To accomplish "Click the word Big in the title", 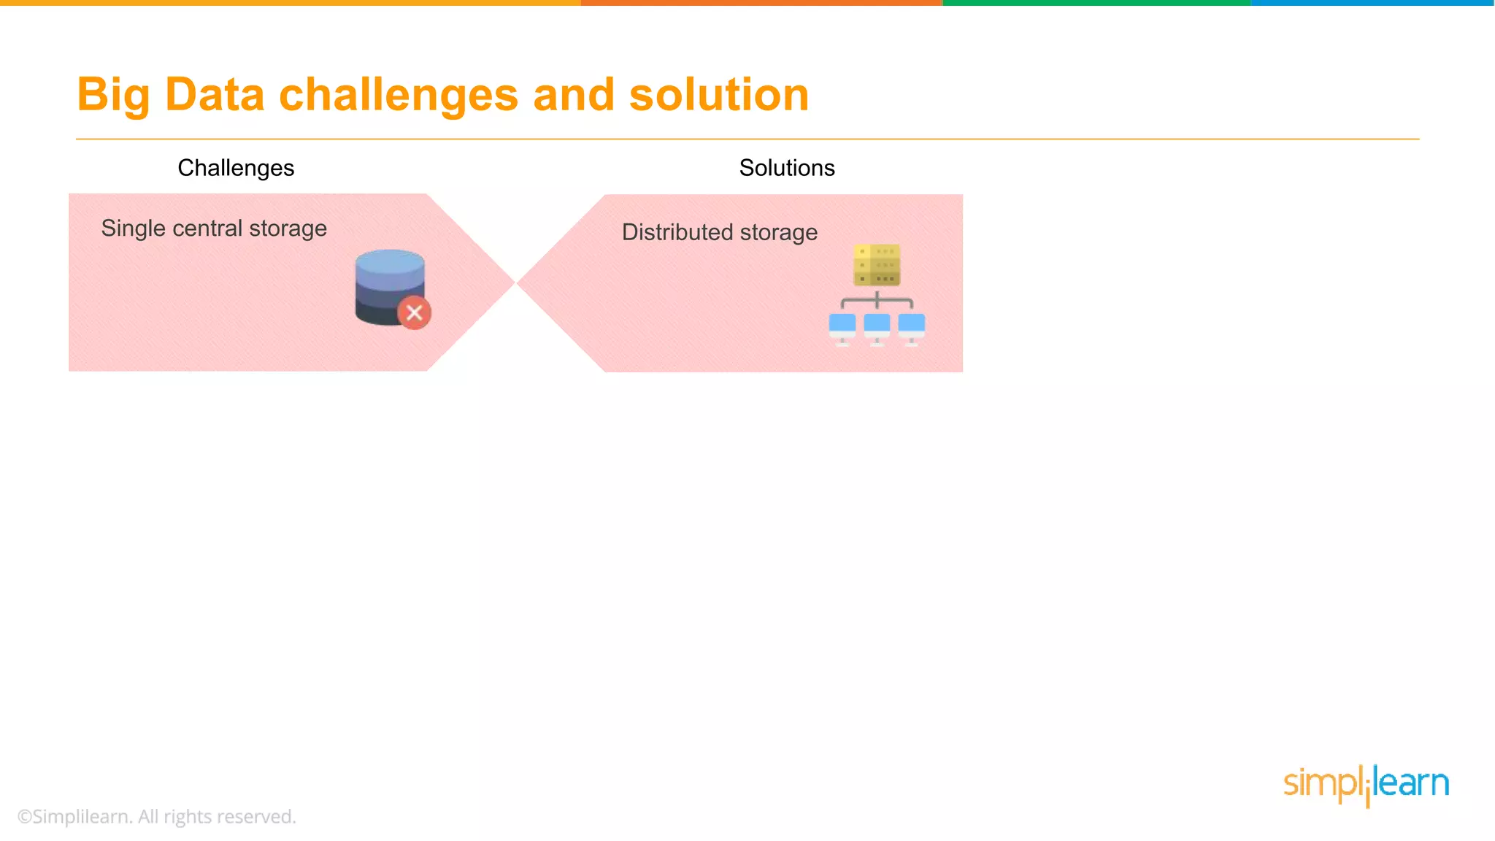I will point(112,95).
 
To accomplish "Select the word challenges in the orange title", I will point(399,95).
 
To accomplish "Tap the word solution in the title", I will point(719,95).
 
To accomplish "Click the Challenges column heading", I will point(236,168).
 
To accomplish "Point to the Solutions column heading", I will point(786,168).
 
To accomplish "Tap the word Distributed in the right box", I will point(677,232).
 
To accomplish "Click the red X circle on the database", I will point(414,313).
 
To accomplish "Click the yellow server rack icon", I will point(877,265).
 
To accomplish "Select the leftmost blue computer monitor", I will point(842,326).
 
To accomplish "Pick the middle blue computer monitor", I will point(877,326).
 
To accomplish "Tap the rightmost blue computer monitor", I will point(911,326).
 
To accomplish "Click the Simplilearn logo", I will point(1366,784).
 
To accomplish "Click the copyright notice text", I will point(157,816).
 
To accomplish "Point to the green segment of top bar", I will point(1096,3).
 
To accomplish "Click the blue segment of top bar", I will point(1372,3).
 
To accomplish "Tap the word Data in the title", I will point(215,95).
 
